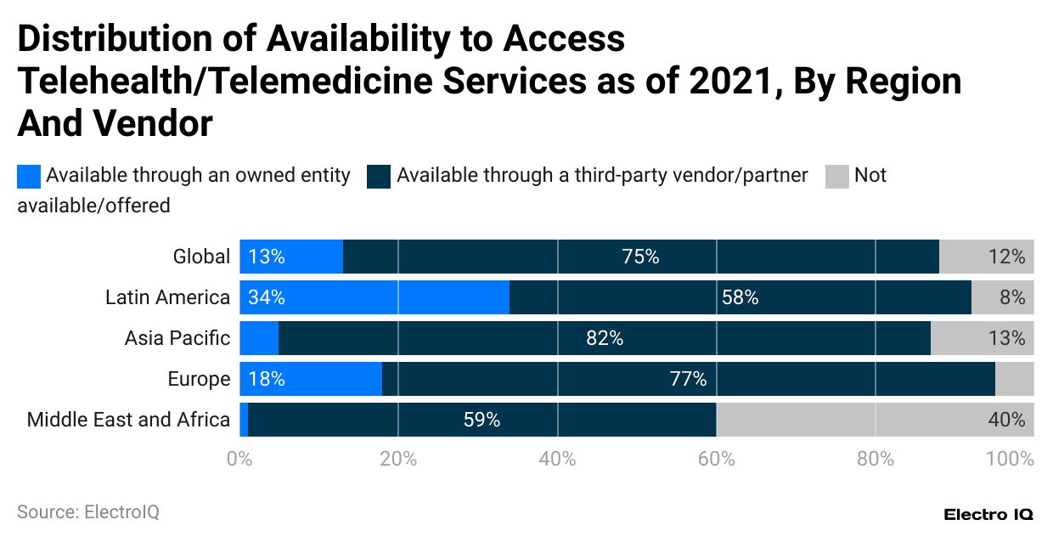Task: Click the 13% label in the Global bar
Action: click(266, 257)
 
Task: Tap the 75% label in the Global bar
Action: click(640, 257)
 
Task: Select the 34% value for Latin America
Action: click(266, 297)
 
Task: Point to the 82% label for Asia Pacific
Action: click(605, 338)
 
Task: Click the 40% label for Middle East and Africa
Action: click(1007, 420)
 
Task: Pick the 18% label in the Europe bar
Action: click(266, 379)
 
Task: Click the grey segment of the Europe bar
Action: click(1014, 379)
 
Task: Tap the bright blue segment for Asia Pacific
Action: click(259, 338)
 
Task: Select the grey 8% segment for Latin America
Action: click(1002, 297)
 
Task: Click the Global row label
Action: click(201, 257)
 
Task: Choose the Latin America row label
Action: click(167, 297)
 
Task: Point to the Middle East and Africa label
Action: click(128, 420)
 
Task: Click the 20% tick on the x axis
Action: click(398, 460)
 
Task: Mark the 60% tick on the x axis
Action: click(716, 460)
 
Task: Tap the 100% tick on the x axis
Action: click(1010, 460)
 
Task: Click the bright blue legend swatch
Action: click(29, 176)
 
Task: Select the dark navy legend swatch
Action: click(379, 176)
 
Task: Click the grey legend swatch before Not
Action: click(837, 176)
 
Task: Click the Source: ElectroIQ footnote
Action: click(88, 512)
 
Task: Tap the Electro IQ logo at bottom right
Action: click(988, 515)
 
